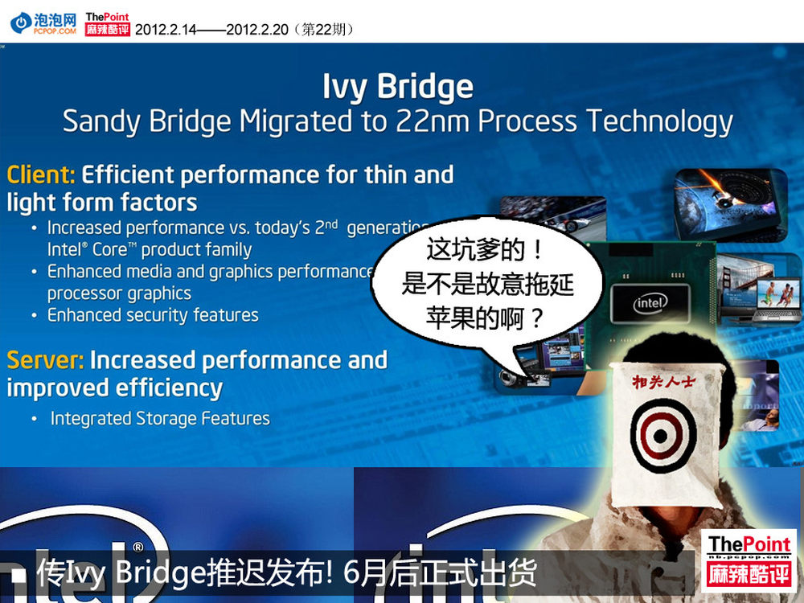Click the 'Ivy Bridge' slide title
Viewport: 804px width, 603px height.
[398, 87]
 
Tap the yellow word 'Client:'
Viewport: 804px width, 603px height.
[41, 174]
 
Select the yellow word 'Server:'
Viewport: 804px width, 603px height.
[45, 360]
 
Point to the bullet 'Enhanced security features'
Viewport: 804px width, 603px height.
[153, 315]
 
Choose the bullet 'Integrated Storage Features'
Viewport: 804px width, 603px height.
[160, 418]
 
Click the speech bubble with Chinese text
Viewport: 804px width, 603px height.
[487, 285]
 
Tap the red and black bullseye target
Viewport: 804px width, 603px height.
[660, 436]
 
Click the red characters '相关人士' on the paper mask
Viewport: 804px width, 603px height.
[663, 381]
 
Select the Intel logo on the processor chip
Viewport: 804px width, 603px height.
[650, 304]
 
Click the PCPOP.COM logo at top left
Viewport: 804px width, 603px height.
[43, 23]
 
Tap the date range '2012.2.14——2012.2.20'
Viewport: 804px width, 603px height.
[211, 29]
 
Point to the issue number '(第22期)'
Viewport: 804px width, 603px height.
[324, 29]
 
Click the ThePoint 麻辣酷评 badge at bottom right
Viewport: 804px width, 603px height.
[749, 560]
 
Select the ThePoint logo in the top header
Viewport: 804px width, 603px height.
[107, 23]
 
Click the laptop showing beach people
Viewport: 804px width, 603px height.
[778, 300]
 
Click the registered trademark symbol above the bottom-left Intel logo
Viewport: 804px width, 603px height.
[138, 547]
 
